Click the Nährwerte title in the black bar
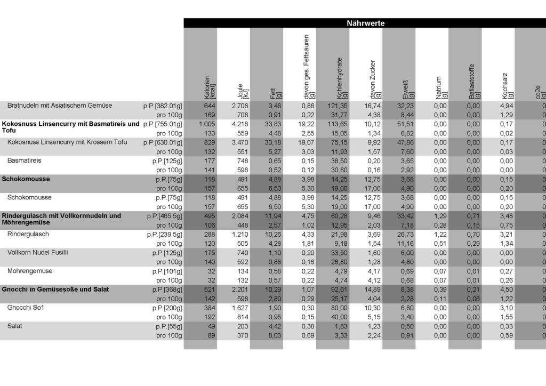point(365,23)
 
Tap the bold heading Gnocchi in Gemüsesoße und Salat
point(55,289)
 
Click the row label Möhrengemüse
point(29,271)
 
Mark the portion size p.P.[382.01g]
point(163,106)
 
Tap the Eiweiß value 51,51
point(405,124)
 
